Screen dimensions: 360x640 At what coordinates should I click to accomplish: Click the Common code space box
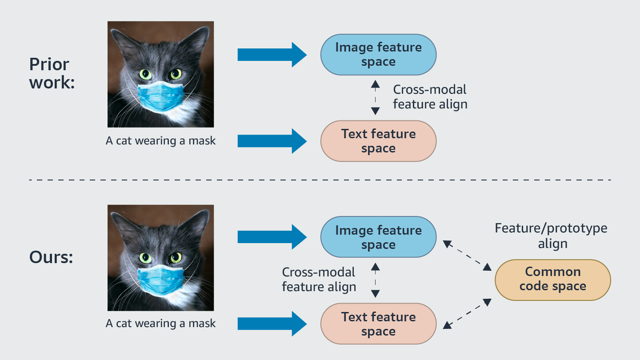(x=552, y=280)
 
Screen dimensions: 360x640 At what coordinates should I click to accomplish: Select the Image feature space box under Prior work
(x=378, y=55)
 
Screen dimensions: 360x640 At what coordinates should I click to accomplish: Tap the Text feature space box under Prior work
(x=378, y=141)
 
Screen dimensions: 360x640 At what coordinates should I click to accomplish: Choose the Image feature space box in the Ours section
(x=378, y=237)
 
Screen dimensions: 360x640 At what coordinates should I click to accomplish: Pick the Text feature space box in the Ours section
(x=378, y=324)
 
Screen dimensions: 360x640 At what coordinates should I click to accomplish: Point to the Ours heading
(x=51, y=257)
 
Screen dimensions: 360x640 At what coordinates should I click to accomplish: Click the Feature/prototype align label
(x=551, y=236)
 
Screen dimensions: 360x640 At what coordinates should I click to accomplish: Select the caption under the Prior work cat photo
(x=160, y=141)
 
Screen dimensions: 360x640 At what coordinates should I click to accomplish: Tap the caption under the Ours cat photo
(x=160, y=324)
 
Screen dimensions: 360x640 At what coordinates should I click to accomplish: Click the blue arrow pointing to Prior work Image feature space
(x=272, y=55)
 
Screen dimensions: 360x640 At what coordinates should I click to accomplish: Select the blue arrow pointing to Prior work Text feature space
(x=272, y=141)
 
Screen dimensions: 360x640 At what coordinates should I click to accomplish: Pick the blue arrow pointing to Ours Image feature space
(x=272, y=237)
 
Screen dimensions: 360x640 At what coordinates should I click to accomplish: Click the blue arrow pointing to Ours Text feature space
(x=272, y=324)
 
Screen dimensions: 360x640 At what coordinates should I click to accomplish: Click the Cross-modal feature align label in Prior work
(x=430, y=97)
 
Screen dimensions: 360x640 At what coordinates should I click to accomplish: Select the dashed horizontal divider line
(x=320, y=180)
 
